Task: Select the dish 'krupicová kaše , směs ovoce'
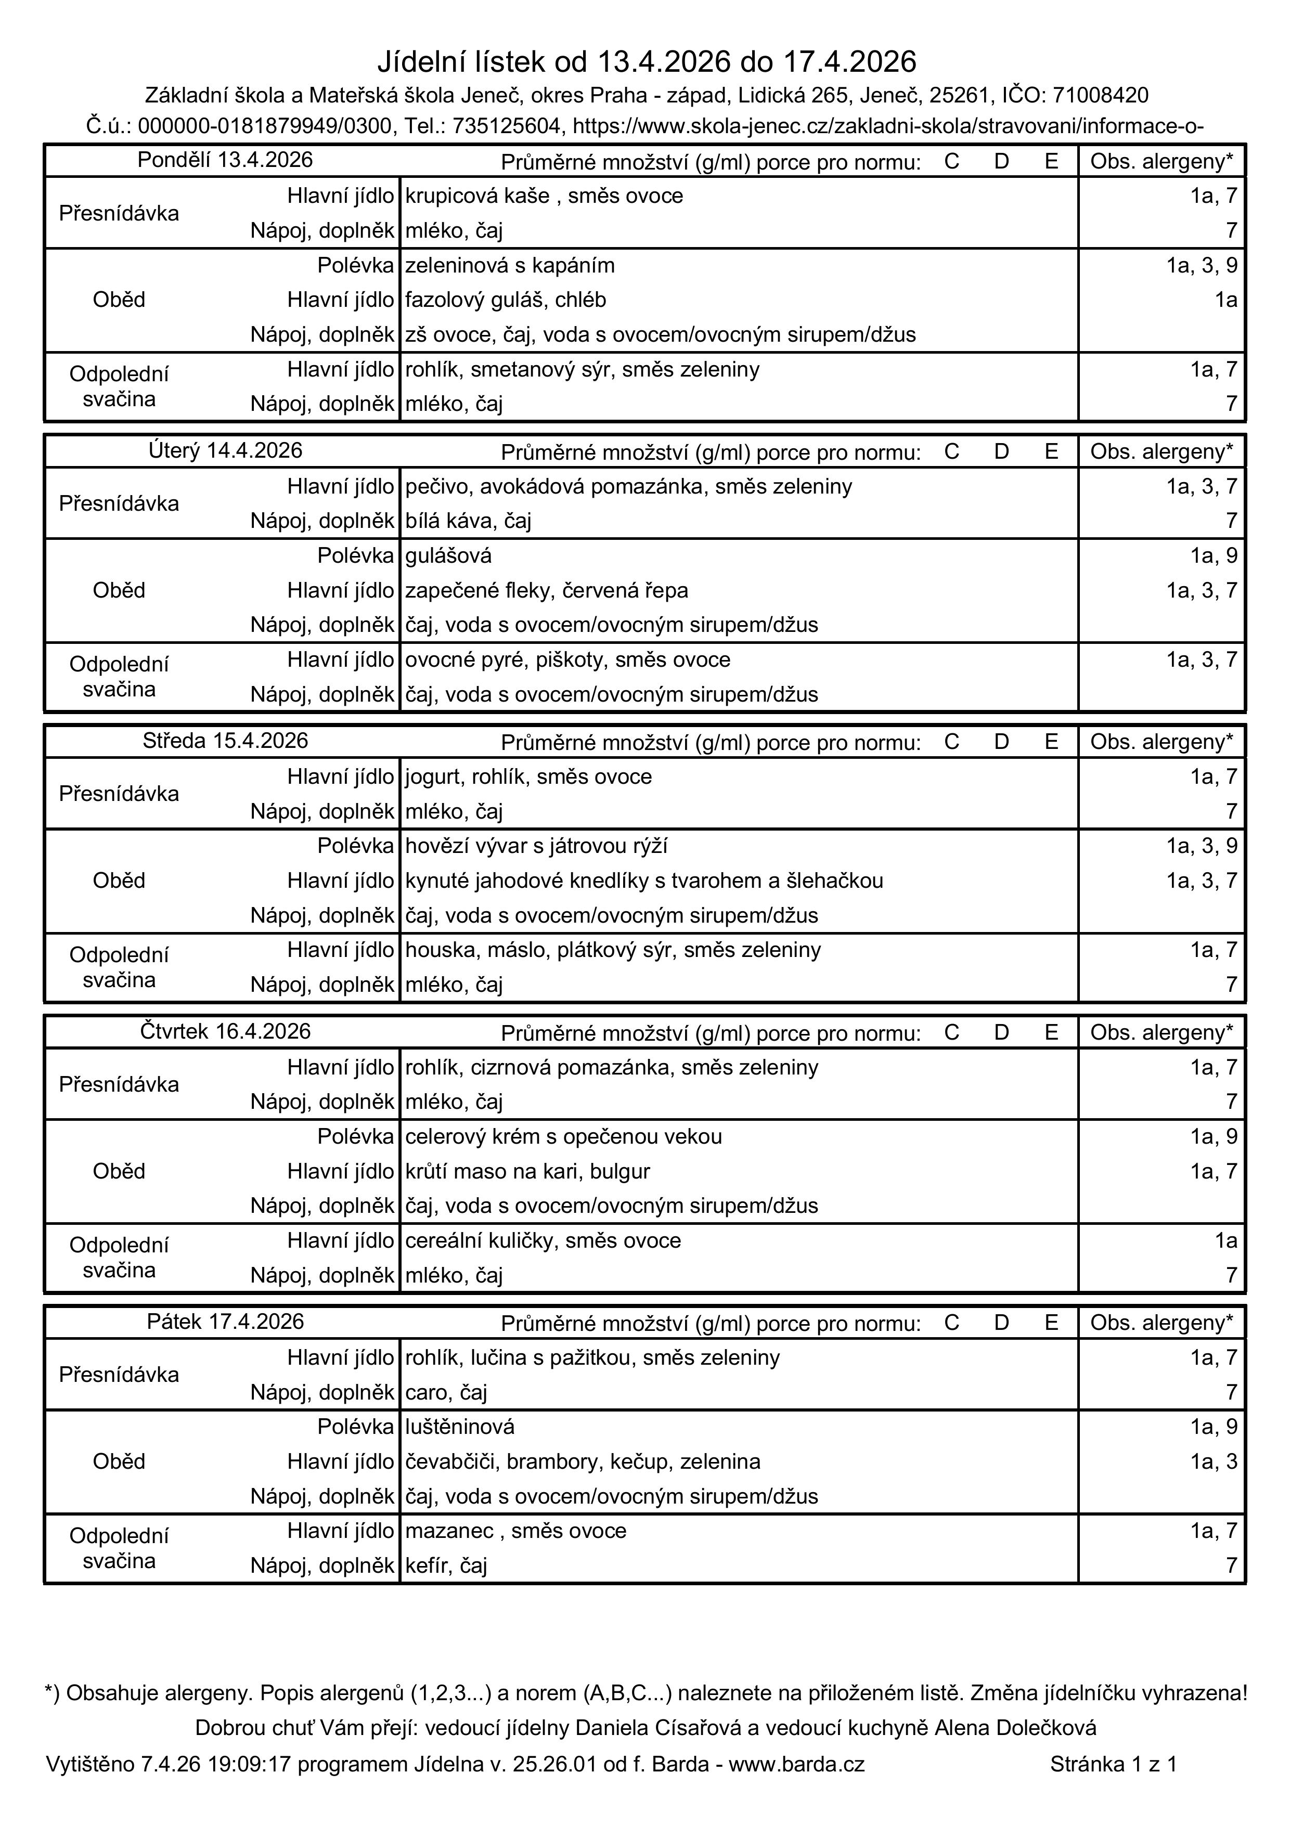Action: pyautogui.click(x=544, y=196)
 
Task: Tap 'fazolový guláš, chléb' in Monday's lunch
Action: pyautogui.click(x=506, y=300)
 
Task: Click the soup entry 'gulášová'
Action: pyautogui.click(x=448, y=555)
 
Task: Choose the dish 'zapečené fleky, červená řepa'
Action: pyautogui.click(x=547, y=591)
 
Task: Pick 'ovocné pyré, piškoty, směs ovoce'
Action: pyautogui.click(x=567, y=659)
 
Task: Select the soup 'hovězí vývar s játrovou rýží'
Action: pyautogui.click(x=542, y=846)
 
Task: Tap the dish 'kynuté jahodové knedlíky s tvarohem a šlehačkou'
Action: pyautogui.click(x=644, y=881)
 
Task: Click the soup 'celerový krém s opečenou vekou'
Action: pyautogui.click(x=563, y=1136)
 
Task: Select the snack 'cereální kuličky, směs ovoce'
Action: pyautogui.click(x=543, y=1241)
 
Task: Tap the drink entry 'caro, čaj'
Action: pyautogui.click(x=446, y=1393)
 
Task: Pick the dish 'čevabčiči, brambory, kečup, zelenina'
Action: pyautogui.click(x=583, y=1462)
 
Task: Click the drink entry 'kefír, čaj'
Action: pyautogui.click(x=446, y=1566)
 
